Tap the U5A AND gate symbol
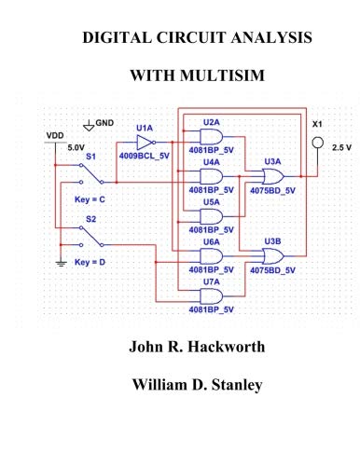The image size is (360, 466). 212,215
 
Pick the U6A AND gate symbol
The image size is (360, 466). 212,255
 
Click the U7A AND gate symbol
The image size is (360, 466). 212,295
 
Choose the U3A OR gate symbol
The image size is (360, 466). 272,175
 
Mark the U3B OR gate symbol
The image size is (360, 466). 272,255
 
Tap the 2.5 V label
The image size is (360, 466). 341,147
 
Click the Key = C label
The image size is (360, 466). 90,199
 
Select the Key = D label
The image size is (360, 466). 90,263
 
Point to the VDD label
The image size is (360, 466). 56,135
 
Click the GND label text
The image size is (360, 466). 104,122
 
